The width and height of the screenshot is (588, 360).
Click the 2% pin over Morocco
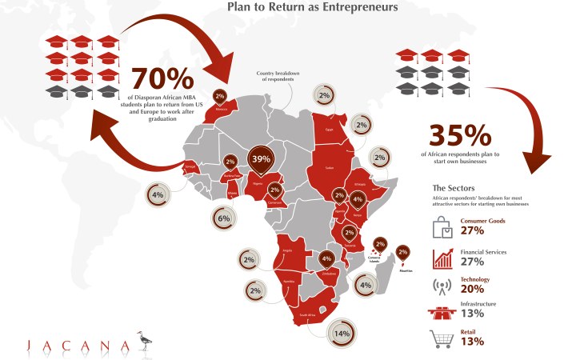pyautogui.click(x=219, y=96)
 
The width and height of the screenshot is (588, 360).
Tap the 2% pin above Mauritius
pyautogui.click(x=402, y=254)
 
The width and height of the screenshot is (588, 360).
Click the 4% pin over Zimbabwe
pyautogui.click(x=326, y=258)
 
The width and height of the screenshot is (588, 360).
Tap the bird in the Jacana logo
pyautogui.click(x=145, y=339)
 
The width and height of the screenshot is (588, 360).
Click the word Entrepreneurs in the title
pyautogui.click(x=360, y=9)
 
